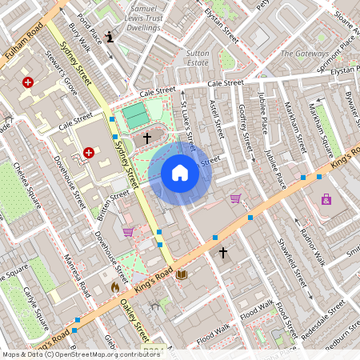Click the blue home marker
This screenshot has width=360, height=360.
click(x=180, y=173)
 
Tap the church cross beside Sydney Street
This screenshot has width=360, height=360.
click(x=146, y=138)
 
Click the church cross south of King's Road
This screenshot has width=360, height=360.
click(x=223, y=253)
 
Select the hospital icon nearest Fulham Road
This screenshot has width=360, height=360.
click(x=29, y=82)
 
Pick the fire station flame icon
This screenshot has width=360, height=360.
click(x=114, y=286)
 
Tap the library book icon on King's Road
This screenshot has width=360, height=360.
click(x=182, y=274)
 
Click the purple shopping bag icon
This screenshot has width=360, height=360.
click(x=326, y=199)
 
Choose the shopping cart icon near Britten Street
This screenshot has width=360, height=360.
click(x=128, y=232)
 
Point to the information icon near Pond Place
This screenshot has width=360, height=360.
click(x=110, y=36)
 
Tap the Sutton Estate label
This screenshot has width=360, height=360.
click(x=197, y=58)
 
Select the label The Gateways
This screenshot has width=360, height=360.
click(x=304, y=54)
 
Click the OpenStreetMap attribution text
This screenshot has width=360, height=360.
click(x=80, y=354)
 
